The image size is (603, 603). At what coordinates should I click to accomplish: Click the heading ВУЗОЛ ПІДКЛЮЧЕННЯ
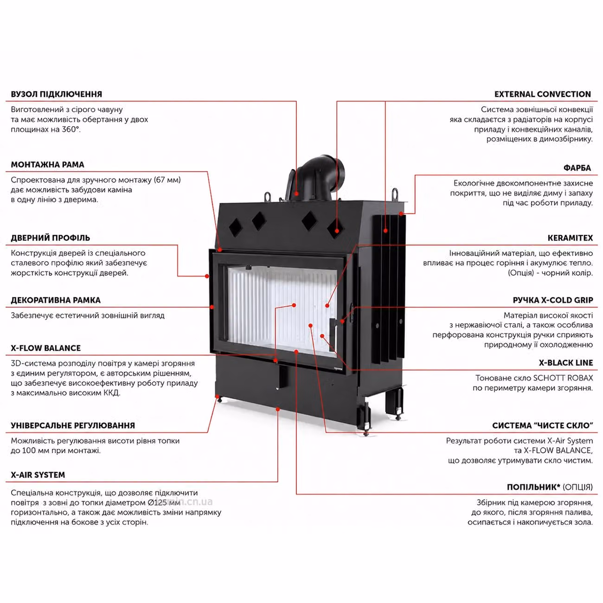[x=56, y=94]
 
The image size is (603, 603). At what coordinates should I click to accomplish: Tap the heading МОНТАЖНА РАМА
[x=48, y=165]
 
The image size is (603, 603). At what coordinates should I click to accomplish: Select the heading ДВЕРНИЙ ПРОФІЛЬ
[x=51, y=238]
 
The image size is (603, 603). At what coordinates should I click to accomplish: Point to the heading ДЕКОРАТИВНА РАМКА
[x=56, y=300]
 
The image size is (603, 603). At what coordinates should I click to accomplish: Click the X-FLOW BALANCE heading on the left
[x=45, y=348]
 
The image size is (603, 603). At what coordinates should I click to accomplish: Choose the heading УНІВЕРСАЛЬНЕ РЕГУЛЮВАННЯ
[x=73, y=425]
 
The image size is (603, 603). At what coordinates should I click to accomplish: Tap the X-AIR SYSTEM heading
[x=38, y=475]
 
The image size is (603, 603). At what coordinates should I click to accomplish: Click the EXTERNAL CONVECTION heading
[x=543, y=94]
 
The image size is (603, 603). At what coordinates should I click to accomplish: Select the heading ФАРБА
[x=577, y=168]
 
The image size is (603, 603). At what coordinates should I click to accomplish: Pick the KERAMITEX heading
[x=570, y=238]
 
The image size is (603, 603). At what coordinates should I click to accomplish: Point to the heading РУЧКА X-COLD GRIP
[x=553, y=300]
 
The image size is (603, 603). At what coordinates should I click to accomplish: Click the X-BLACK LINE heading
[x=566, y=363]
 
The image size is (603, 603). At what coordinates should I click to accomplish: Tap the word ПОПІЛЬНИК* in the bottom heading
[x=534, y=487]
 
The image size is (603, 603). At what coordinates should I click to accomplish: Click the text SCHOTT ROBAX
[x=563, y=378]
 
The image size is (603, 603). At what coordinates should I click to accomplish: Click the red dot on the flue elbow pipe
[x=296, y=194]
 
